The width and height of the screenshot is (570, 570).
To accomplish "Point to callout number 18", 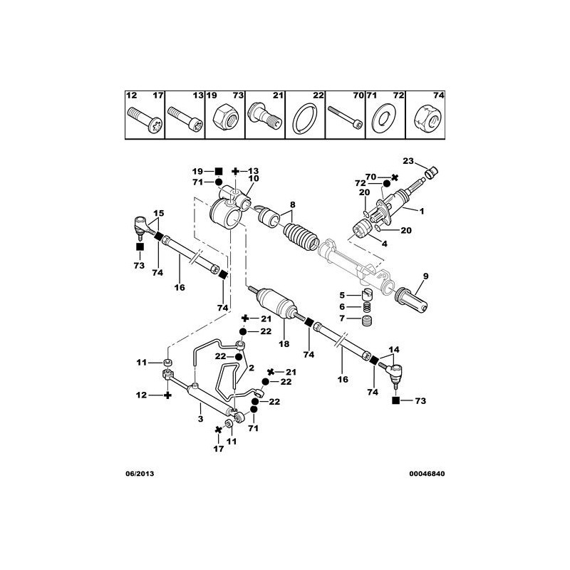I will click(x=284, y=343).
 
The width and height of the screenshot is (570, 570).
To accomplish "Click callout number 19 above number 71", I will click(x=197, y=172).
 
